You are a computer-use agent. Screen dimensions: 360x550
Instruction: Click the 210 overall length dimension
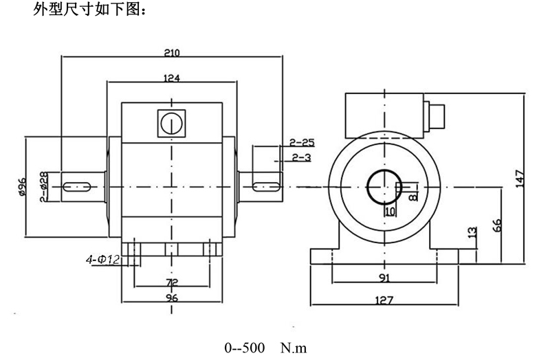(x=172, y=52)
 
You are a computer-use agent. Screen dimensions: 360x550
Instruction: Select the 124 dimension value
(x=172, y=78)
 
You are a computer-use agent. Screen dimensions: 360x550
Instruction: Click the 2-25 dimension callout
(x=302, y=143)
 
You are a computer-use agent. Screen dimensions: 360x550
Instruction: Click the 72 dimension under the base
(x=172, y=282)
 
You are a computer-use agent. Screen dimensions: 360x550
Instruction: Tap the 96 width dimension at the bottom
(x=172, y=298)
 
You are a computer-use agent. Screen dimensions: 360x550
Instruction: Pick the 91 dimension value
(x=384, y=278)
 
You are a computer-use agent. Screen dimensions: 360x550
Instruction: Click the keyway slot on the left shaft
(x=78, y=185)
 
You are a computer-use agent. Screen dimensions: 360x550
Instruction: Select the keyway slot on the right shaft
(x=265, y=185)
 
